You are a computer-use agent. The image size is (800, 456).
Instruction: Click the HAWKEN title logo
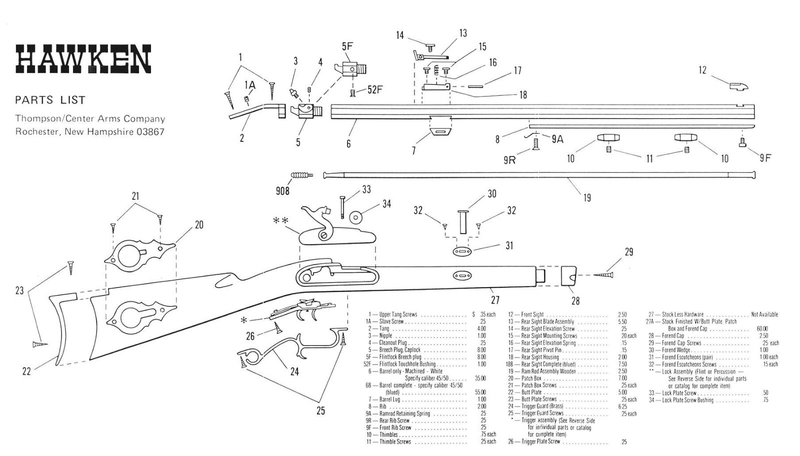pyautogui.click(x=83, y=59)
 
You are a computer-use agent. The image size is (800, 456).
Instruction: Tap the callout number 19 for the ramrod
pyautogui.click(x=587, y=198)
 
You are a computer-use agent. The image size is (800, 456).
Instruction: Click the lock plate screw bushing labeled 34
pyautogui.click(x=356, y=217)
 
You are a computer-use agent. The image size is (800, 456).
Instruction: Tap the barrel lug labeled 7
pyautogui.click(x=440, y=125)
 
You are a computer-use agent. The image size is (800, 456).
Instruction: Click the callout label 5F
pyautogui.click(x=347, y=46)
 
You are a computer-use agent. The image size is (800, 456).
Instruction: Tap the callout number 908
pyautogui.click(x=282, y=191)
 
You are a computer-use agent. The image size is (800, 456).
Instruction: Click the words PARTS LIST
pyautogui.click(x=50, y=100)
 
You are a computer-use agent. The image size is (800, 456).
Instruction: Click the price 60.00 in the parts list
pyautogui.click(x=762, y=329)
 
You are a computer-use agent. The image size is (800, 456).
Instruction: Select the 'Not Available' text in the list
pyautogui.click(x=764, y=315)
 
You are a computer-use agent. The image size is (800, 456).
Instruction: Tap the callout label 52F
pyautogui.click(x=374, y=90)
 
